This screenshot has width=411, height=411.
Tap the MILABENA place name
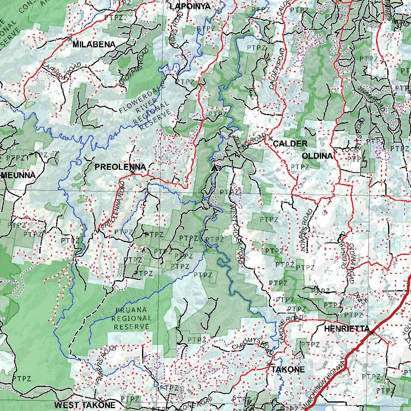point(94,45)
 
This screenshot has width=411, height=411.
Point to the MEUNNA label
point(18,175)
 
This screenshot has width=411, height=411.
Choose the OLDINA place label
point(317,156)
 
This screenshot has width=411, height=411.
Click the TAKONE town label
point(288,370)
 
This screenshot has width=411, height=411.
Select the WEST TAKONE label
point(85,405)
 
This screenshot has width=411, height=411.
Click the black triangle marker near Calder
point(216,167)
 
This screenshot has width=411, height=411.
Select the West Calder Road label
point(237,233)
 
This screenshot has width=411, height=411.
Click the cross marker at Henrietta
point(372,333)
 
